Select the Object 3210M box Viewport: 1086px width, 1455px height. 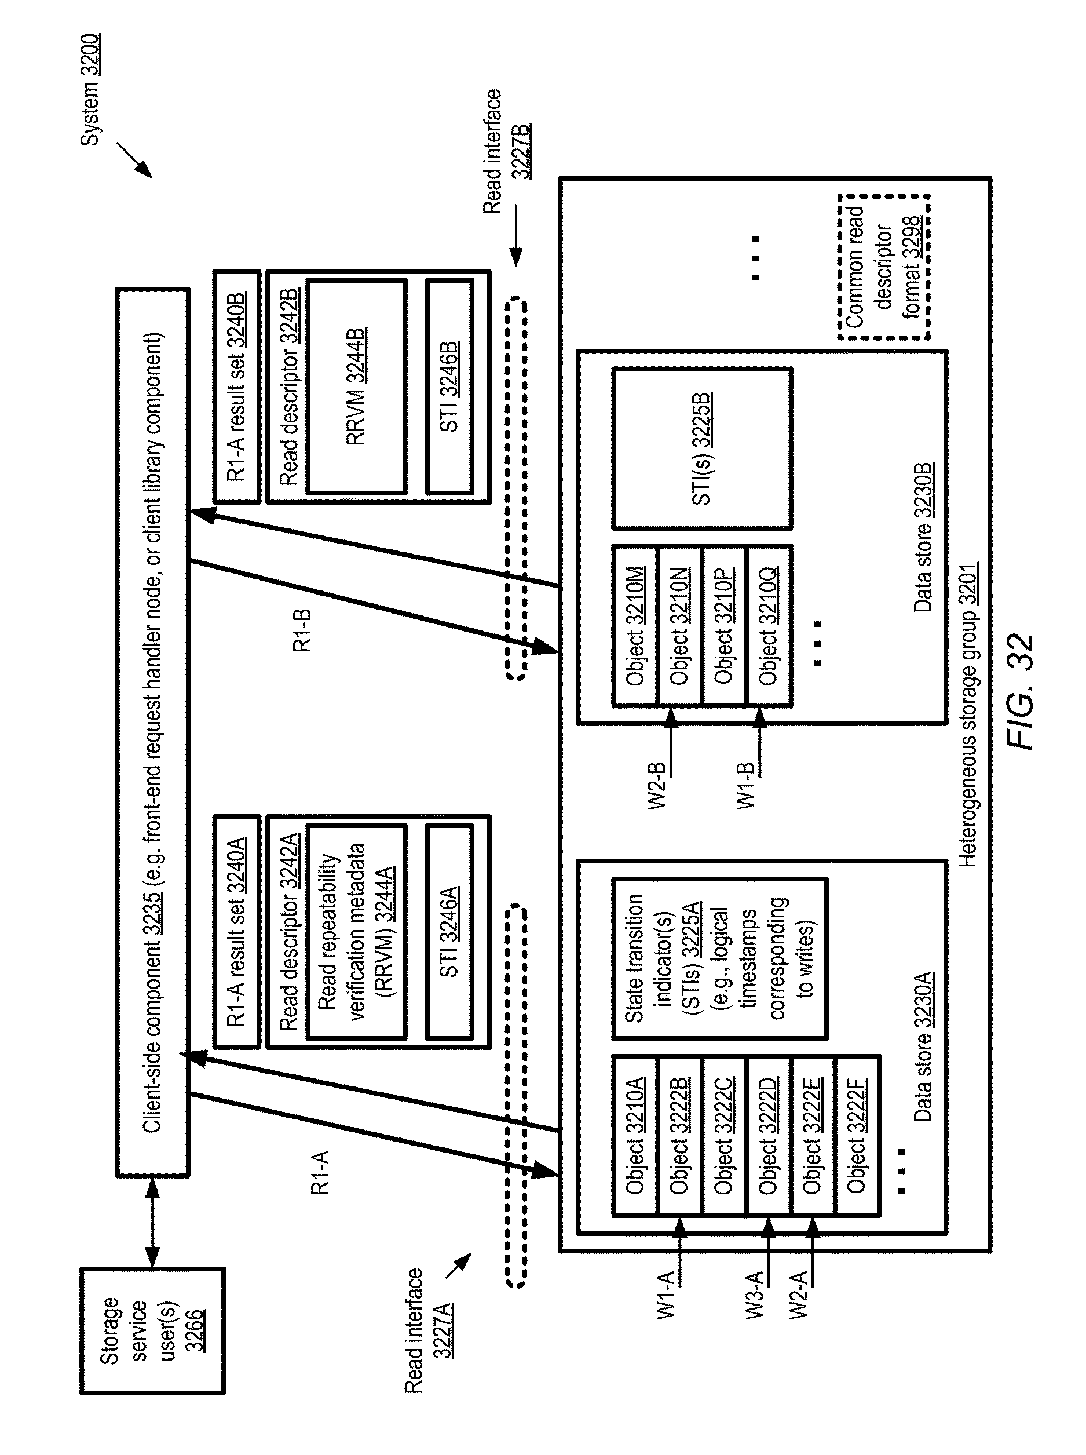click(634, 626)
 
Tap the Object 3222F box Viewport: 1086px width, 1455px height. click(857, 1136)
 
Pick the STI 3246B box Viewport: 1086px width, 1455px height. click(449, 386)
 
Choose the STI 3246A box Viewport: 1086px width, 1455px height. click(449, 932)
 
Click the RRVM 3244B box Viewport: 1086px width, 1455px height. click(356, 386)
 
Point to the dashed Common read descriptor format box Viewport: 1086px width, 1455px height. click(883, 267)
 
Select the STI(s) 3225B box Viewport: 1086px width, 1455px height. click(701, 449)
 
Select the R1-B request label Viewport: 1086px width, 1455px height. click(302, 631)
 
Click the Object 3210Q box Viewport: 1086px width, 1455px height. click(769, 626)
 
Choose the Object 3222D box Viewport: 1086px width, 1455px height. click(768, 1136)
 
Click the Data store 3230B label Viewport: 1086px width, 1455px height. click(923, 537)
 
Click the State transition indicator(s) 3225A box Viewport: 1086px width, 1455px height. click(720, 958)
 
